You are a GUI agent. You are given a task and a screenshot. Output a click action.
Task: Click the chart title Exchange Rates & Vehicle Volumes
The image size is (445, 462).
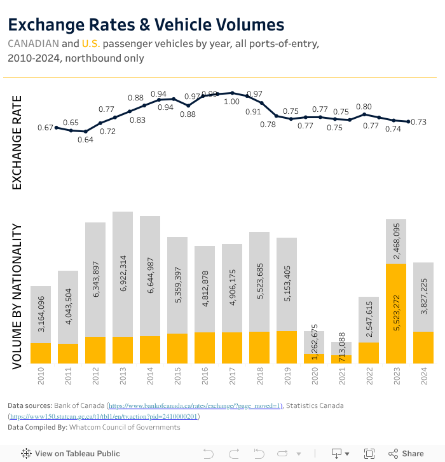point(146,25)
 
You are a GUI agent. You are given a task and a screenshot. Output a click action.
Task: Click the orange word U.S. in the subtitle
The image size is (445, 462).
point(91,44)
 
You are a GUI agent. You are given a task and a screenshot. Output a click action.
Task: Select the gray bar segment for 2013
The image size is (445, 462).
point(123,273)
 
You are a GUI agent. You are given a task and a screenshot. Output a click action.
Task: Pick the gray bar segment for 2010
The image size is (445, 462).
point(41,315)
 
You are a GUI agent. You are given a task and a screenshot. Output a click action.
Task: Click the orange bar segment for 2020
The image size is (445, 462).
point(314,358)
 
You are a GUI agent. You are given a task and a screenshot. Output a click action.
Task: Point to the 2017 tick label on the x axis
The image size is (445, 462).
point(232,380)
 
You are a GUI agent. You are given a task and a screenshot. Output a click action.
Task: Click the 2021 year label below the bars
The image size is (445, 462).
point(341,380)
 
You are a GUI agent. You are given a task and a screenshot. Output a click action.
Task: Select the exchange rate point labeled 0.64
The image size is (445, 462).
point(86,132)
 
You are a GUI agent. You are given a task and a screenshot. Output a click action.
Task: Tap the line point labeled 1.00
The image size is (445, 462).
point(232,93)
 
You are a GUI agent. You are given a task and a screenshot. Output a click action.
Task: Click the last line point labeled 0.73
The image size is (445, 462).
point(409,122)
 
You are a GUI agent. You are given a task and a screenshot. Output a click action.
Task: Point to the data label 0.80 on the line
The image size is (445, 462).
point(364,107)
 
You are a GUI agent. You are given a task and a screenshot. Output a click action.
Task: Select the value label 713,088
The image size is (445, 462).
point(341,345)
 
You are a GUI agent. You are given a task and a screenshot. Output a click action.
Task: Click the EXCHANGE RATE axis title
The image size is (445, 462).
point(17,142)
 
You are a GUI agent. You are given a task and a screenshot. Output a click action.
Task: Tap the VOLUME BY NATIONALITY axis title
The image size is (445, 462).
point(17,296)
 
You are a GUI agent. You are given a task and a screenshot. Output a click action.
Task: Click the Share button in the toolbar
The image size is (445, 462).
point(406,454)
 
